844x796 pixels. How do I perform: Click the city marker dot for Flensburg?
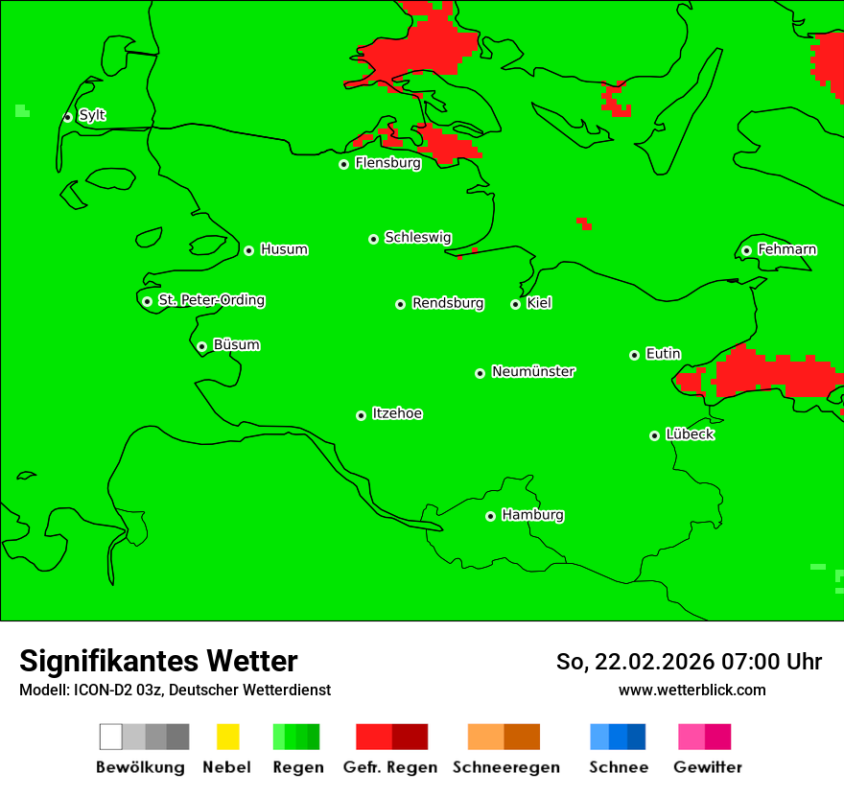click(343, 164)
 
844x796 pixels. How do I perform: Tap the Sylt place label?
click(92, 115)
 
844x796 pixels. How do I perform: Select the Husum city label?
click(284, 249)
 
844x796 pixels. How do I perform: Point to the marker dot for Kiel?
click(515, 304)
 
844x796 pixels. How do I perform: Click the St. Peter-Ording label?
click(211, 300)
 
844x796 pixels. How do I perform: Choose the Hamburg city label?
click(532, 515)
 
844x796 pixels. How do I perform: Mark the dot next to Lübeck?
click(654, 435)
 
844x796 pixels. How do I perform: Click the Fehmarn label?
click(786, 249)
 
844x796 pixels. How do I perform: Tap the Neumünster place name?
click(533, 371)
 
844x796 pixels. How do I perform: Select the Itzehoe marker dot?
click(361, 415)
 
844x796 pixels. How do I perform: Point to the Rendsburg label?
click(448, 303)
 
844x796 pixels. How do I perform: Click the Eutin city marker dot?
click(634, 355)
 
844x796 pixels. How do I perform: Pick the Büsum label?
click(236, 344)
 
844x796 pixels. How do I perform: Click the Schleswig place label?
click(417, 237)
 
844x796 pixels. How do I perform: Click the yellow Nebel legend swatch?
click(227, 737)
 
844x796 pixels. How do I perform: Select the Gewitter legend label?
click(708, 767)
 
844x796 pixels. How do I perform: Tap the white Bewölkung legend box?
click(111, 737)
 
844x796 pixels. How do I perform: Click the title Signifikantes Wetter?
click(158, 661)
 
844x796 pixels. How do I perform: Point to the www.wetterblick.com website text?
click(692, 690)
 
